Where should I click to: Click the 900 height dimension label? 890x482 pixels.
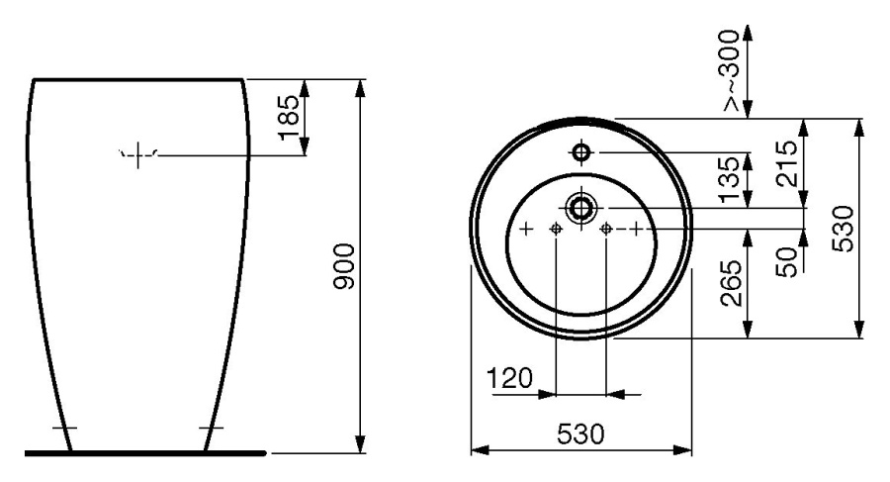click(344, 266)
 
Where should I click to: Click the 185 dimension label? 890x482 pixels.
click(289, 117)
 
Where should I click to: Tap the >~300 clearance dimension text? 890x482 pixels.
click(731, 69)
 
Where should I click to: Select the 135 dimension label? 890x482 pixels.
click(731, 180)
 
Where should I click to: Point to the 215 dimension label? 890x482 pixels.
click(787, 163)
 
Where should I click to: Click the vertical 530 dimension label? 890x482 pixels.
click(843, 229)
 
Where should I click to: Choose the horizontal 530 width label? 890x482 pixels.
click(581, 434)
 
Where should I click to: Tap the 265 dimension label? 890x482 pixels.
click(731, 283)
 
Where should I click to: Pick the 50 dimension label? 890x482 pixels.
click(787, 262)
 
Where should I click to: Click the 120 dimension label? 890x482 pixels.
click(510, 378)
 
